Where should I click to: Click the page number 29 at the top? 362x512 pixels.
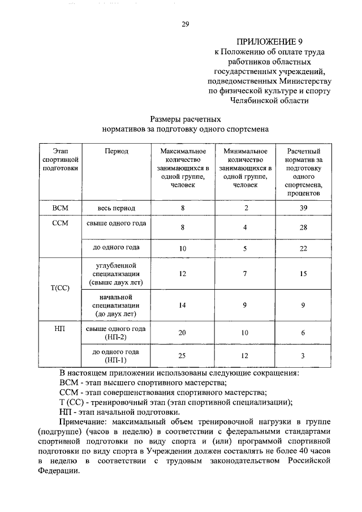[x=184, y=24]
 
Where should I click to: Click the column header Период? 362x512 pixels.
[x=117, y=151]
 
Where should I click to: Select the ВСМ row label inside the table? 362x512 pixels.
[x=60, y=208]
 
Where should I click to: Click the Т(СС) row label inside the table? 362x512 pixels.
[x=60, y=287]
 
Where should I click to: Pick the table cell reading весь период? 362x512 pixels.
[x=117, y=208]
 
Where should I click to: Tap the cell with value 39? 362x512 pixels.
[x=303, y=208]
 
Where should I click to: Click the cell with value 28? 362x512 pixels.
[x=303, y=227]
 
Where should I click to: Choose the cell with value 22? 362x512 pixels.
[x=303, y=248]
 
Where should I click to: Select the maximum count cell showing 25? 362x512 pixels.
[x=182, y=355]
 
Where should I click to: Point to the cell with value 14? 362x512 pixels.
[x=182, y=305]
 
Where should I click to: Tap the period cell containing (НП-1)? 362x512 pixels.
[x=117, y=359]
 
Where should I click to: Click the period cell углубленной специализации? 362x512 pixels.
[x=117, y=273]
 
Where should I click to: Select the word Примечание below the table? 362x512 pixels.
[x=87, y=423]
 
